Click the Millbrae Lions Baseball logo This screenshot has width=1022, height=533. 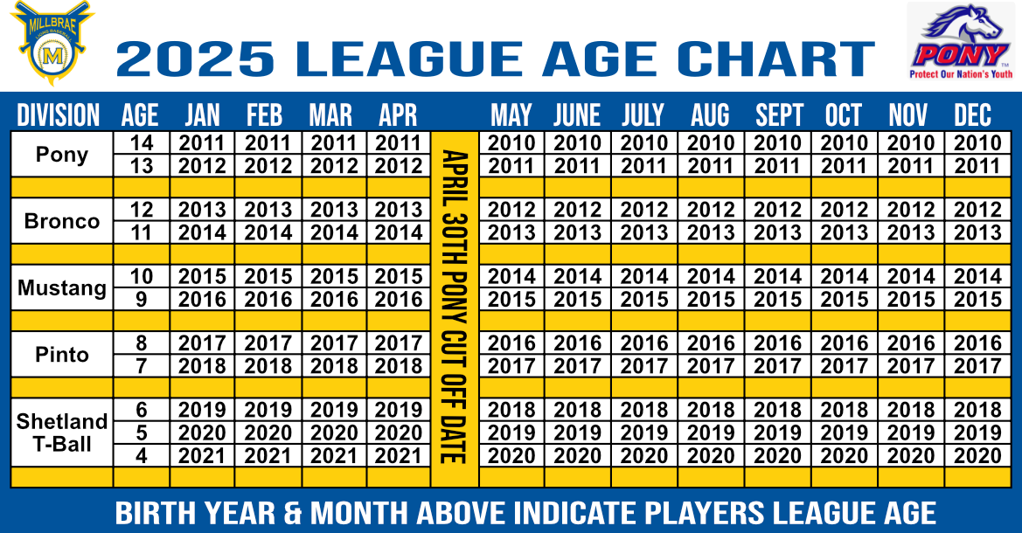coord(52,43)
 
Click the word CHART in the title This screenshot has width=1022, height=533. coord(775,59)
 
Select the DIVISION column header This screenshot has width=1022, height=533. coord(58,115)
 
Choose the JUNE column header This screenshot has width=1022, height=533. coord(577,115)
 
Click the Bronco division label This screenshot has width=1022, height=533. coord(62,221)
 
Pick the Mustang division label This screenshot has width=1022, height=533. coord(62,287)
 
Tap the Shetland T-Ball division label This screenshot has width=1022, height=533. coord(62,432)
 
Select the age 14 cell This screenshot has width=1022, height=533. coord(142,143)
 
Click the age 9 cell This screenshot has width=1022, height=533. coord(142,299)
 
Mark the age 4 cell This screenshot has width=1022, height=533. coord(142,455)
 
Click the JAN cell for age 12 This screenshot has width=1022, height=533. coord(202,210)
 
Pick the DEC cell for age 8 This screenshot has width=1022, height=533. coord(977,343)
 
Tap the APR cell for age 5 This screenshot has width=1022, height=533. coord(399,433)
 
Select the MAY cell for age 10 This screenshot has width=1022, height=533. coord(511,276)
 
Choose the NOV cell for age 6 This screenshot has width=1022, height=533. coord(911,409)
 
